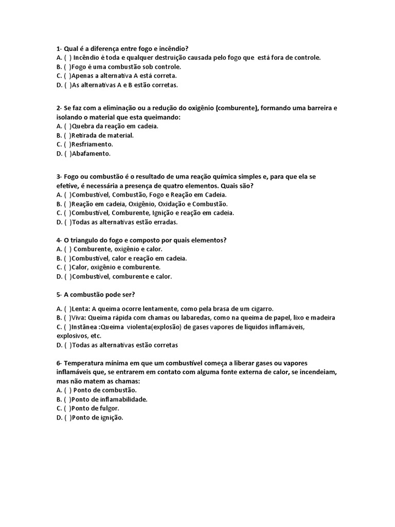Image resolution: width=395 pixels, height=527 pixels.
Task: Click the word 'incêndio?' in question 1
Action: click(x=181, y=48)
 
